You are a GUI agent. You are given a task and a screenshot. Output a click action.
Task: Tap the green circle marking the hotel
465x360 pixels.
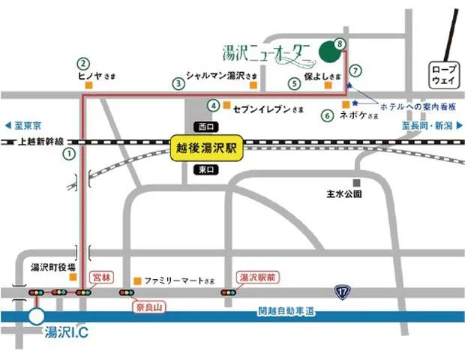click(328, 52)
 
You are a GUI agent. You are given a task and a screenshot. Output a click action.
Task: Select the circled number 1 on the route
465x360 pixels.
click(69, 154)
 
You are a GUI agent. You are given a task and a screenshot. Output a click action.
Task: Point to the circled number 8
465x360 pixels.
click(341, 44)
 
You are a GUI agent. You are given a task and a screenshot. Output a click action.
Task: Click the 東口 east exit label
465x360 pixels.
click(203, 170)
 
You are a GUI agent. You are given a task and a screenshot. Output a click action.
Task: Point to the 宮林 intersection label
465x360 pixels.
click(100, 277)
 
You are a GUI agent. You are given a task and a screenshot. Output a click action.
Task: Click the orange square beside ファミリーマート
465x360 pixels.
click(136, 281)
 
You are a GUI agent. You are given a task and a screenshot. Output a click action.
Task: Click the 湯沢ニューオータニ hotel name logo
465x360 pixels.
click(266, 52)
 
